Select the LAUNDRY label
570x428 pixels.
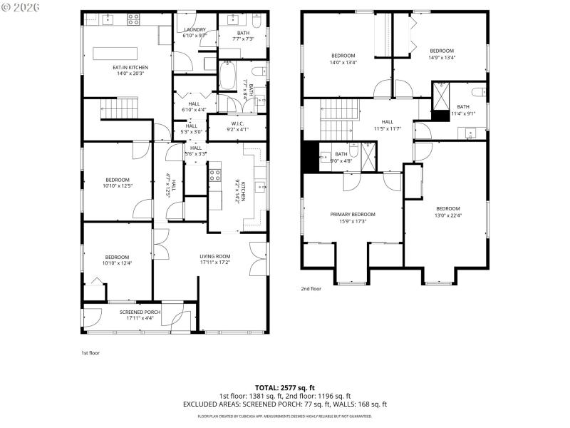pos(194,29)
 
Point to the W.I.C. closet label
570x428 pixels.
pos(238,123)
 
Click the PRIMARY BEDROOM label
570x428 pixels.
pos(352,214)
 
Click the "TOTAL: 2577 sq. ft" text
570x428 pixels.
pos(284,388)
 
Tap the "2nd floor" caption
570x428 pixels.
pos(311,288)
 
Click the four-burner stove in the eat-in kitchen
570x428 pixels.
pos(133,20)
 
